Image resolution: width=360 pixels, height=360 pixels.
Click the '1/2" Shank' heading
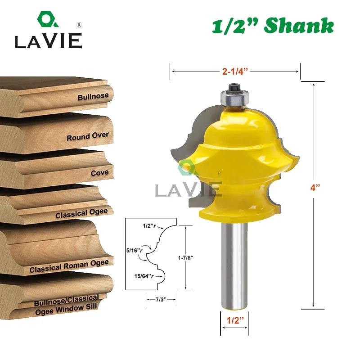click(273, 26)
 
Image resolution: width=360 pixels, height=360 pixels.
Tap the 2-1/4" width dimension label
click(235, 72)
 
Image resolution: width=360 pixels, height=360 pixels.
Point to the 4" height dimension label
click(315, 188)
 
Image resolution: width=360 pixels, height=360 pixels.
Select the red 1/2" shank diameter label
click(235, 320)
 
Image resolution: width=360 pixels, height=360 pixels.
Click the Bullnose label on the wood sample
click(93, 96)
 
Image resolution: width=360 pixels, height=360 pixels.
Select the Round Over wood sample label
click(88, 136)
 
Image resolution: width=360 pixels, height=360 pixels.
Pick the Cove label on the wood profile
click(99, 173)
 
